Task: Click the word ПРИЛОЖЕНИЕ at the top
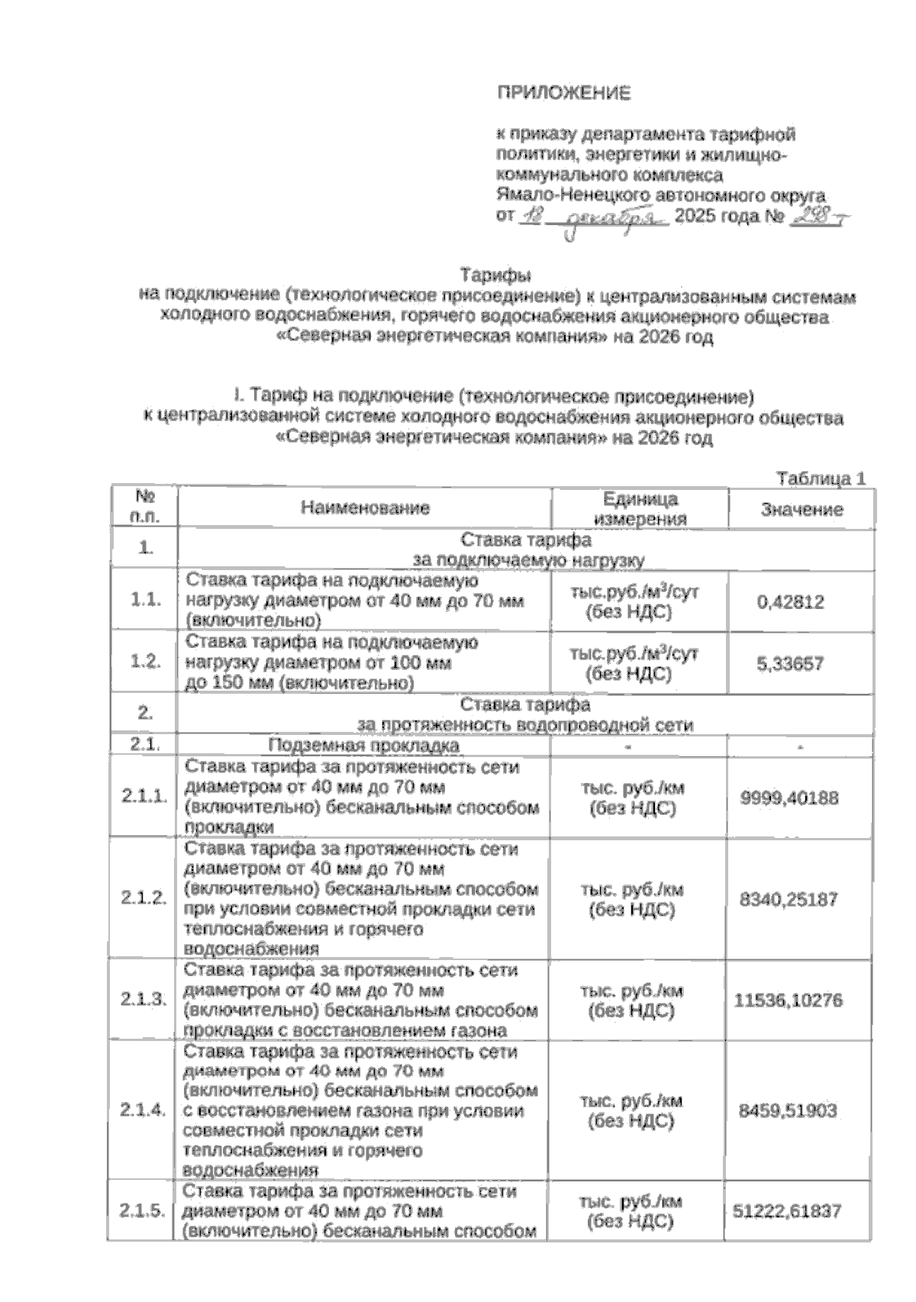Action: click(x=564, y=93)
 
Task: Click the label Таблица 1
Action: click(x=821, y=479)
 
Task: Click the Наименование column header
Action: click(x=365, y=508)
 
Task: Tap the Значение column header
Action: click(x=801, y=509)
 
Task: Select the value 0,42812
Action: click(x=790, y=602)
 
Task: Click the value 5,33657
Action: click(x=790, y=663)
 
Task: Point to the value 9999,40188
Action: click(x=789, y=798)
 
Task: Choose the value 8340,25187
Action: click(x=789, y=900)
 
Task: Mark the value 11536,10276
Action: click(x=788, y=1001)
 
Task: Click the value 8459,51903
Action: click(x=788, y=1111)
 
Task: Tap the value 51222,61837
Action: click(x=787, y=1211)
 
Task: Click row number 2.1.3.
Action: click(x=143, y=999)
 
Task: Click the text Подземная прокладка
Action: click(x=363, y=746)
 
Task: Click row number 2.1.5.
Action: click(x=143, y=1211)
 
